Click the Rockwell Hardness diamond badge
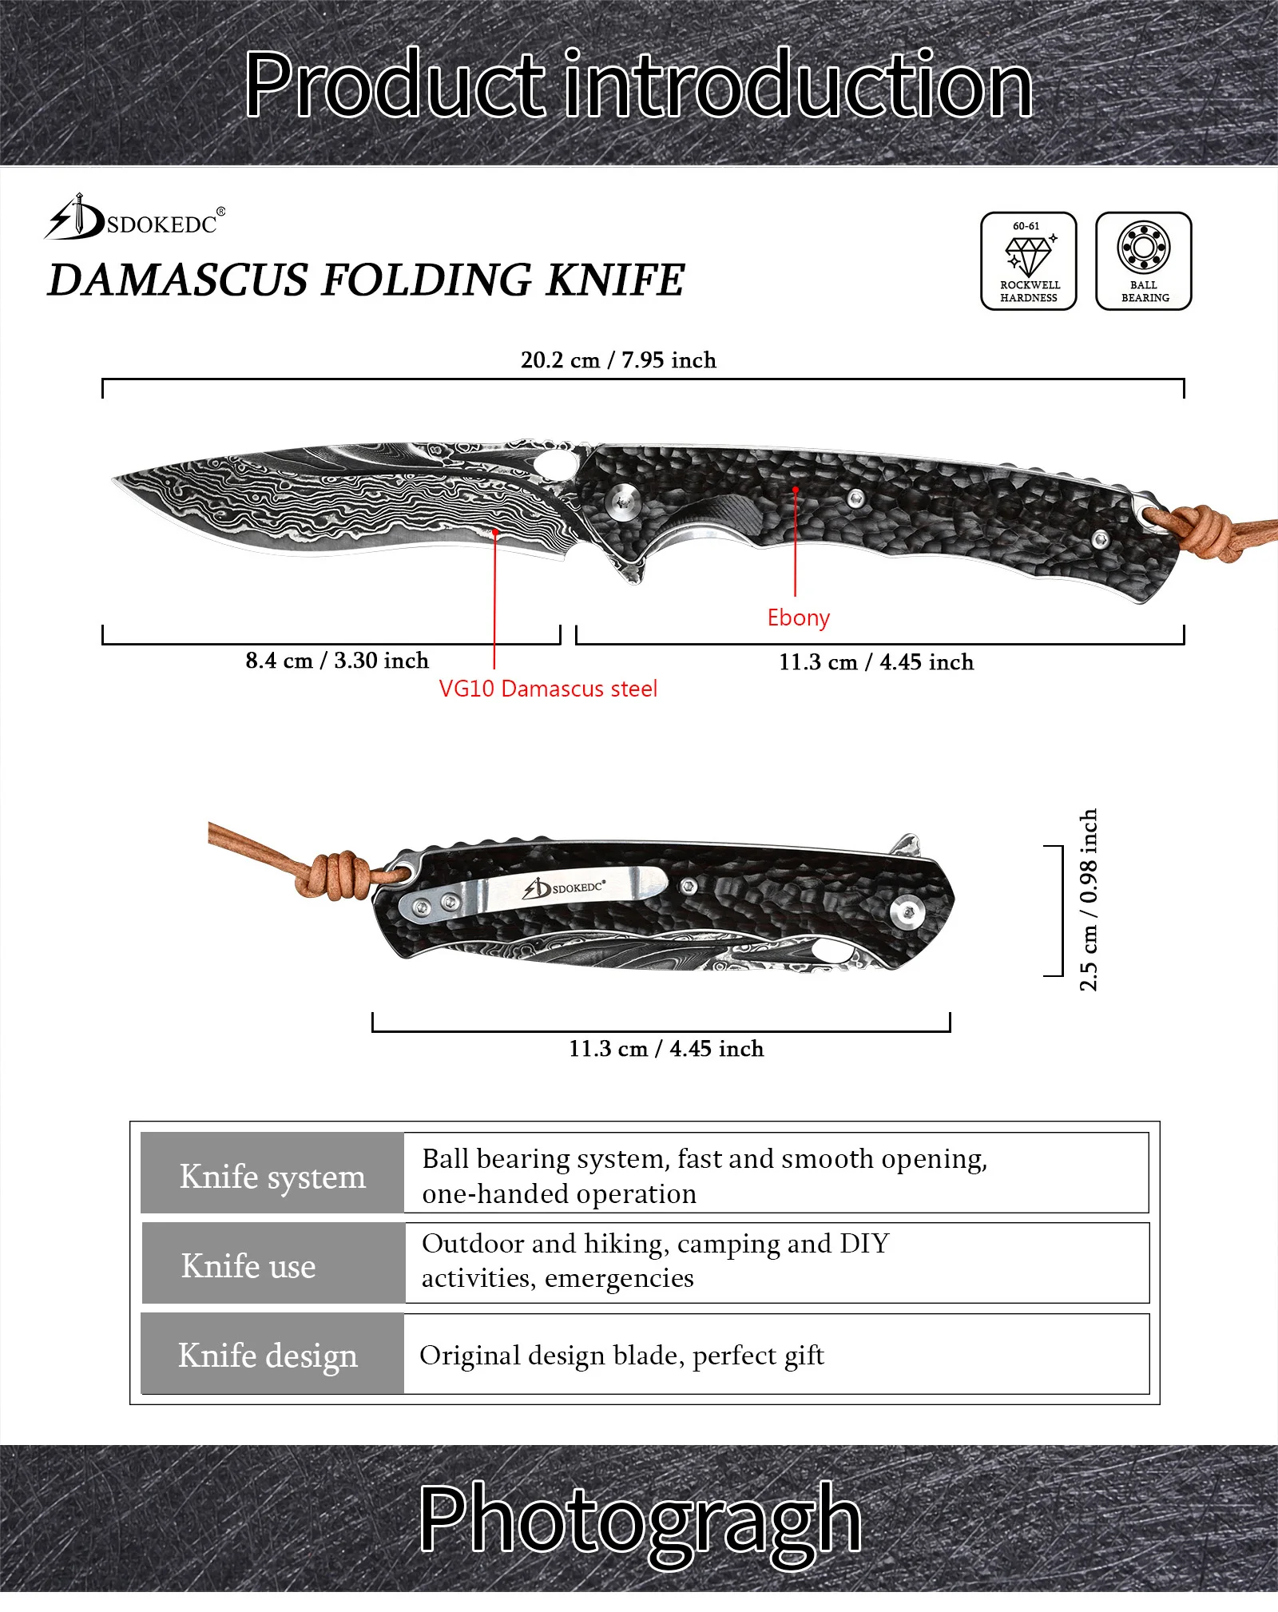coord(1028,260)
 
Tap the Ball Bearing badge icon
coord(1143,260)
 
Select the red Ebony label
coord(798,617)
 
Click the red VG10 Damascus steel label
coord(548,689)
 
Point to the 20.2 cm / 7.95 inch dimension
coord(618,360)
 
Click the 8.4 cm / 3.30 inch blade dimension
coord(337,661)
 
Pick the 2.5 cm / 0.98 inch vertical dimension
coord(1088,900)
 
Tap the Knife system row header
coord(272,1177)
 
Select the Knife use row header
coord(248,1266)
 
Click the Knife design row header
coord(268,1356)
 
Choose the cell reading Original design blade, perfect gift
coord(621,1356)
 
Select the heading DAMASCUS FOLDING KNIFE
coord(366,280)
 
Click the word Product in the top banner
coord(393,84)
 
